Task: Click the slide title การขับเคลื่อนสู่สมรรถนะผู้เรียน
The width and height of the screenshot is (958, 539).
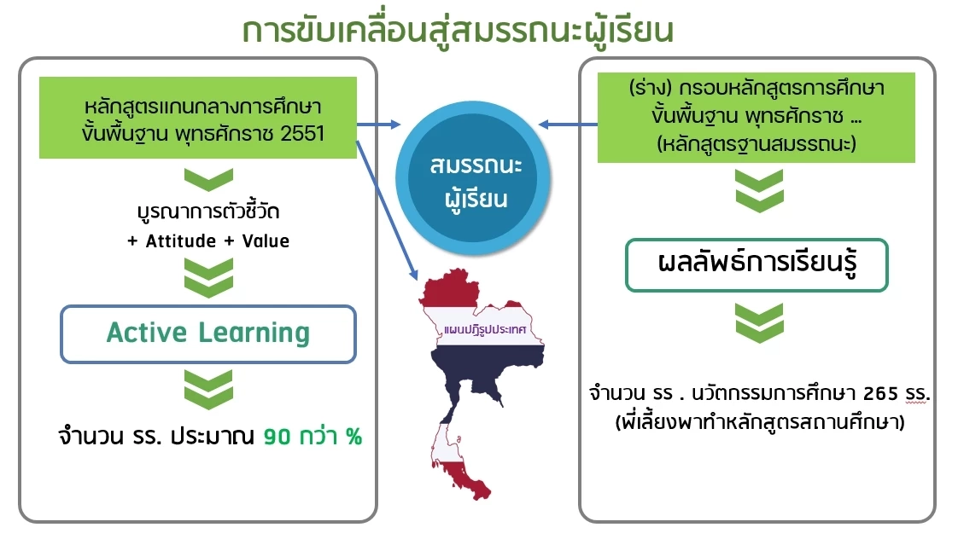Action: (x=458, y=31)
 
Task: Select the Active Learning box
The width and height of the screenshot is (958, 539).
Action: (x=207, y=333)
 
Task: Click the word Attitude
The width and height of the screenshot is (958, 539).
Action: (x=180, y=241)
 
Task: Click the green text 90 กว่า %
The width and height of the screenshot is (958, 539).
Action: (x=313, y=438)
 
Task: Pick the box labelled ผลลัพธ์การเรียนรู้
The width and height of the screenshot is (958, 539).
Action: (x=756, y=264)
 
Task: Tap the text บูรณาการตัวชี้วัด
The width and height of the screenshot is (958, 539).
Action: (x=207, y=211)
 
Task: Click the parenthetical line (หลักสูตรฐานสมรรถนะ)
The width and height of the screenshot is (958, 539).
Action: (x=756, y=144)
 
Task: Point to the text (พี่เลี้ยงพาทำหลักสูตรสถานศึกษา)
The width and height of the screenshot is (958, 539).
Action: (x=759, y=421)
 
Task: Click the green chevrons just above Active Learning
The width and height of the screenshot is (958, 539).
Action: (x=207, y=278)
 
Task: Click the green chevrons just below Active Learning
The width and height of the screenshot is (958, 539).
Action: (x=207, y=388)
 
